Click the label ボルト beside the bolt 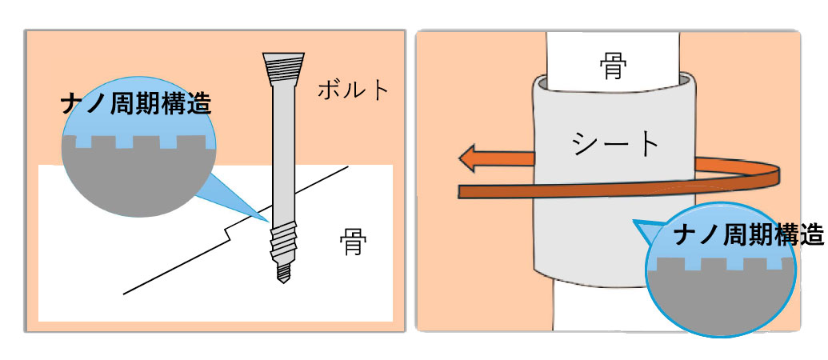352,90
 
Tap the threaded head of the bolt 283,69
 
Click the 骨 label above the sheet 613,66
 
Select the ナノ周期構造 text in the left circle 136,105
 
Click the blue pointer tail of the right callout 649,232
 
